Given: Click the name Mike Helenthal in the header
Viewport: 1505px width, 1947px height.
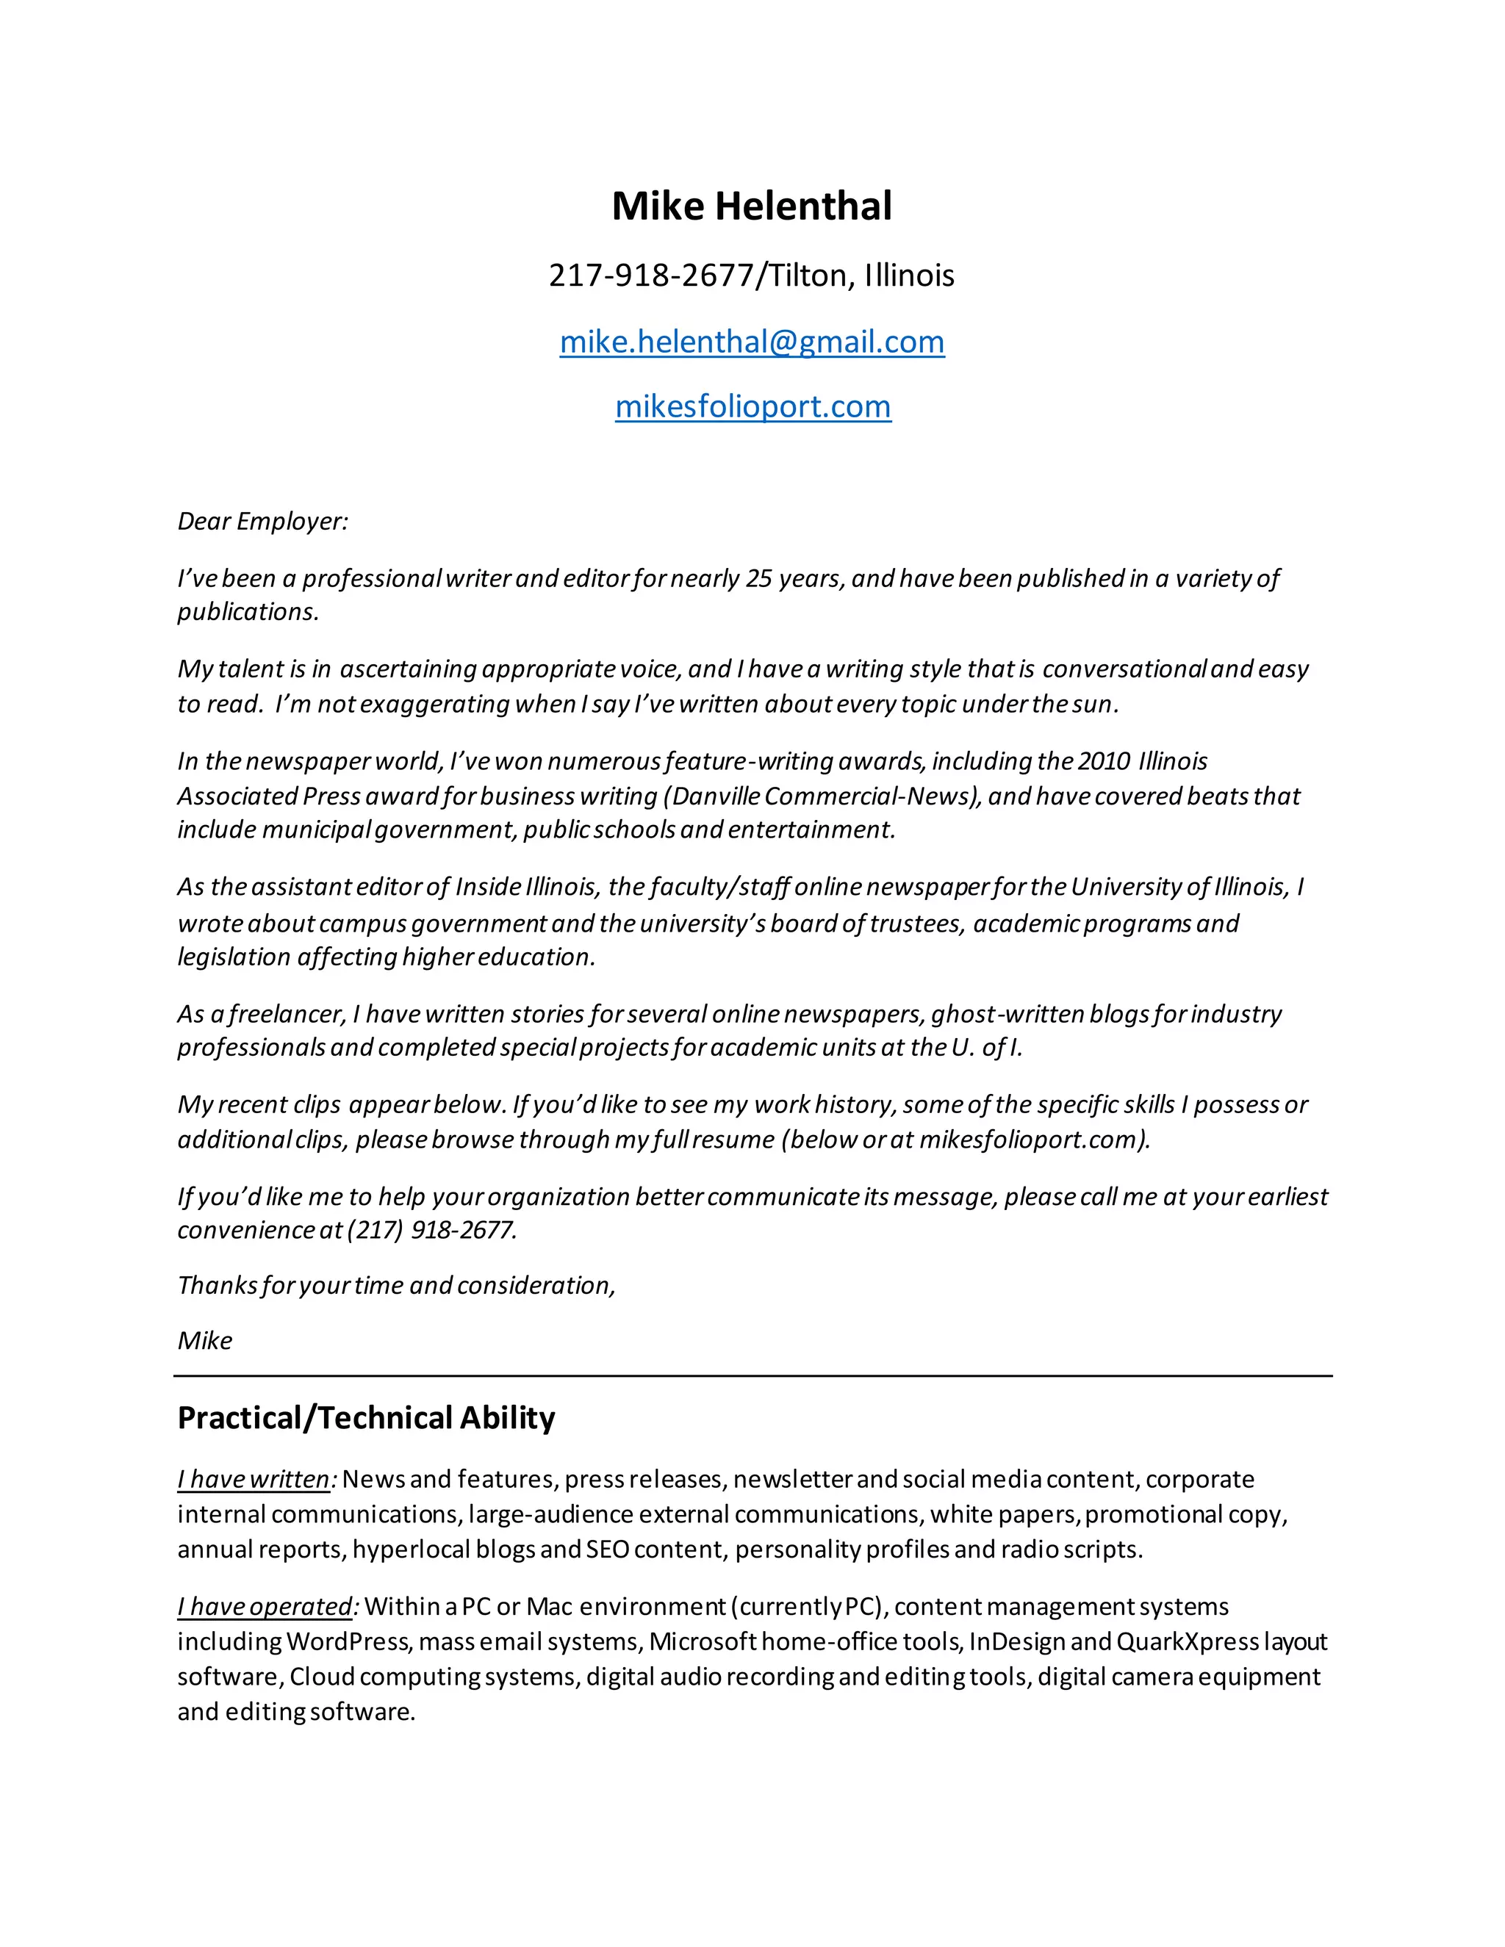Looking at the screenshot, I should pyautogui.click(x=752, y=206).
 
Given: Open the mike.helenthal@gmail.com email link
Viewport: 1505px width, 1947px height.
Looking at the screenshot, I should pyautogui.click(x=752, y=342).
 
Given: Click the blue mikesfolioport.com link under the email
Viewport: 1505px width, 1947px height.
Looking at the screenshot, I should pyautogui.click(x=752, y=406).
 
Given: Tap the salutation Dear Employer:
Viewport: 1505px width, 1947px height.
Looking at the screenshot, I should pyautogui.click(x=263, y=522).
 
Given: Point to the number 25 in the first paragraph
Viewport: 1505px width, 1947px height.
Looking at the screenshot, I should pyautogui.click(x=758, y=578).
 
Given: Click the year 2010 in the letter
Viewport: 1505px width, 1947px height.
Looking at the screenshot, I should pyautogui.click(x=1104, y=761).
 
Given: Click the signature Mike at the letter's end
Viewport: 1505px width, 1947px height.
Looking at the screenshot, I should pyautogui.click(x=204, y=1342).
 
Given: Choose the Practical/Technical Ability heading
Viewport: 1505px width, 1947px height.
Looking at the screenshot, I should pyautogui.click(x=365, y=1418).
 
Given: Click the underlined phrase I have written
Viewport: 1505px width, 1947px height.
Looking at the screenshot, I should pyautogui.click(x=254, y=1480).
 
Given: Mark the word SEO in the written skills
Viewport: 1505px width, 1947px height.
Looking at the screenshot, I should pyautogui.click(x=607, y=1550).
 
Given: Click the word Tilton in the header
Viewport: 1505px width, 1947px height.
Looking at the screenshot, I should pyautogui.click(x=808, y=276).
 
